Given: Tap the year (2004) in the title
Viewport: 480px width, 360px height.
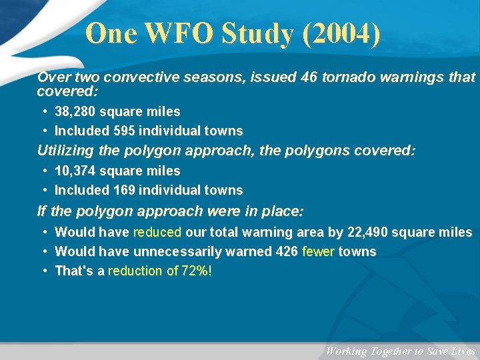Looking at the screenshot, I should pyautogui.click(x=341, y=33).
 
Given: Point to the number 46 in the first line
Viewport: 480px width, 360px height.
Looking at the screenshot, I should pyautogui.click(x=308, y=78).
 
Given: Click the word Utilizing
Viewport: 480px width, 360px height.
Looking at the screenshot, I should pyautogui.click(x=65, y=151).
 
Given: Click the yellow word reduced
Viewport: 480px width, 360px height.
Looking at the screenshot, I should pyautogui.click(x=157, y=232).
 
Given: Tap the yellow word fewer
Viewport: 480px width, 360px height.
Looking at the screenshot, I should pyautogui.click(x=318, y=251).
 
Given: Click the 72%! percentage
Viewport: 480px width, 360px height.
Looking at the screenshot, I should pyautogui.click(x=197, y=271).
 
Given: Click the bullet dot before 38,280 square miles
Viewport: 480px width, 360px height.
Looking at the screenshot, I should pyautogui.click(x=43, y=111).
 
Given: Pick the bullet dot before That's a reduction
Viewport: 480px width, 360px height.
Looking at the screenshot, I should pyautogui.click(x=43, y=271).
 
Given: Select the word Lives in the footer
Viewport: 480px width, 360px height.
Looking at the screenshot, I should pyautogui.click(x=463, y=351).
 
